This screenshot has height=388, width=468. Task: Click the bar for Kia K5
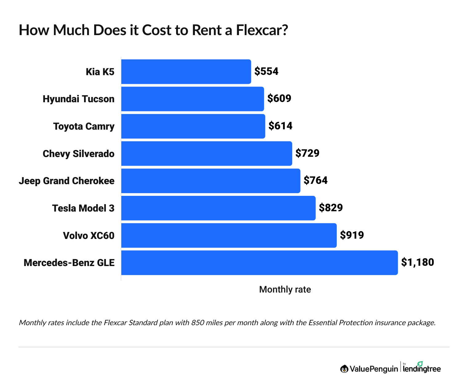[186, 72]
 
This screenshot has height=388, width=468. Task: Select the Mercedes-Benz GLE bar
[259, 263]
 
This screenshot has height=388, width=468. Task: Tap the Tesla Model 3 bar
[218, 208]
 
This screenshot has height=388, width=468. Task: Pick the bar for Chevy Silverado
[207, 153]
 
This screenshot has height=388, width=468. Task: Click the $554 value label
[266, 71]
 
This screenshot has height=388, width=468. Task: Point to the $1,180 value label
[418, 262]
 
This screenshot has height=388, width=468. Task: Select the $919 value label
[352, 235]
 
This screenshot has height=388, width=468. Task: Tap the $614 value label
[280, 126]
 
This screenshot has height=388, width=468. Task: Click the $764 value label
[316, 180]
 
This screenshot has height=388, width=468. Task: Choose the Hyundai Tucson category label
[79, 99]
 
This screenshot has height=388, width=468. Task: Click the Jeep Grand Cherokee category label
[67, 181]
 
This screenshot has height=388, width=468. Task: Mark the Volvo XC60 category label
[89, 236]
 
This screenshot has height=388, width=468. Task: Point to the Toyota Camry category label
[84, 126]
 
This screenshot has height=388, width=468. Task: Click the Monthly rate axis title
[285, 289]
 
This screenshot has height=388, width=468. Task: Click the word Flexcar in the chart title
[261, 30]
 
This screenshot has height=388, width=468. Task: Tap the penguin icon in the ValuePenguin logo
[344, 369]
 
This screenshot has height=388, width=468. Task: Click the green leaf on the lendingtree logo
[420, 364]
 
